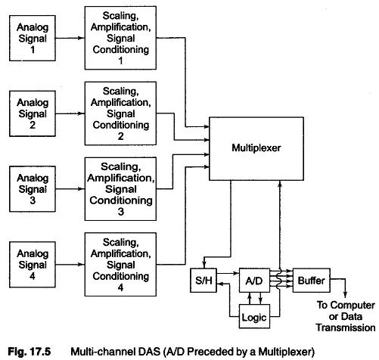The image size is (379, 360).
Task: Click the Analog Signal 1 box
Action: pos(33,38)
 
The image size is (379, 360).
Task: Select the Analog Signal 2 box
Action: pos(33,113)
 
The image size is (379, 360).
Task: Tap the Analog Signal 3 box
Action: pos(33,189)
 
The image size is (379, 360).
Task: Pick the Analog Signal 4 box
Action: pos(33,265)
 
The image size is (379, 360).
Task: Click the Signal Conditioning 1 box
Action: pos(120,38)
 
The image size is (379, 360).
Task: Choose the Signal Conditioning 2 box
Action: pos(120,113)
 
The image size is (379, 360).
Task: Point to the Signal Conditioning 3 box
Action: pos(120,189)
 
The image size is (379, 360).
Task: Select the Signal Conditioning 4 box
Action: pos(120,264)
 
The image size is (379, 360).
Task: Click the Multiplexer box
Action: pos(256,148)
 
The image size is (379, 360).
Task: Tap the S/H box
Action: pos(203,280)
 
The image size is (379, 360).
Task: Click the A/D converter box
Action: pos(254,280)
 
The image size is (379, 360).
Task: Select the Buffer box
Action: pos(312,280)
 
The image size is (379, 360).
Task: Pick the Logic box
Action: pos(254,316)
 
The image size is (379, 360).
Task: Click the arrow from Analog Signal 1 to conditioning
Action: pos(70,38)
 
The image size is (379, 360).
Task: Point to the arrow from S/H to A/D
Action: pos(228,273)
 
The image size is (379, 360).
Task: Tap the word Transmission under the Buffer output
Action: pos(346,327)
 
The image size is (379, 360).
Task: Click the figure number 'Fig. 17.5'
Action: pos(30,351)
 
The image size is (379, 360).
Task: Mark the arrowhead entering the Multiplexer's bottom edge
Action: pos(280,184)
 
